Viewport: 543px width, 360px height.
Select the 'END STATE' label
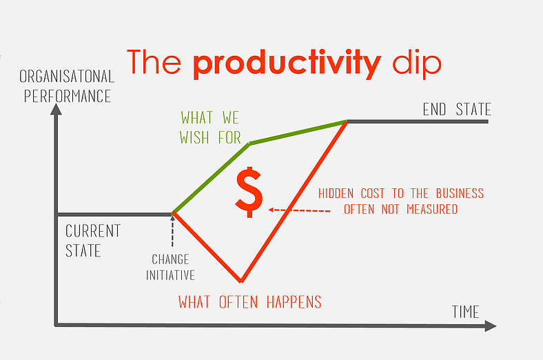(457, 110)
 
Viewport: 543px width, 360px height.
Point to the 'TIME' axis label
(465, 311)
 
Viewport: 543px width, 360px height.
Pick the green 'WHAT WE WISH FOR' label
(211, 127)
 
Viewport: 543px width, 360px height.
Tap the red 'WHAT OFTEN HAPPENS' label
(250, 302)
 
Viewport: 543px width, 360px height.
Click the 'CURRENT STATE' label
(92, 240)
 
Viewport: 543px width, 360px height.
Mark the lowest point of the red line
(241, 281)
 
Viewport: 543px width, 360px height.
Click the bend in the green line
(250, 143)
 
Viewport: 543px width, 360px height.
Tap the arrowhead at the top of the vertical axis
(56, 108)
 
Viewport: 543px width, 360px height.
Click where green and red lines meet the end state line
(346, 122)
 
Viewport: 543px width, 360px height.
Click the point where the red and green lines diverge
(172, 213)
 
